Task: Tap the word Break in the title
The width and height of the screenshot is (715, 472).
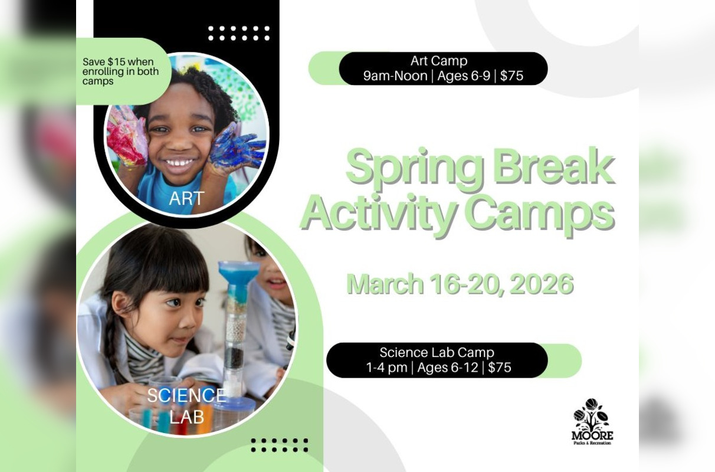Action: [553, 167]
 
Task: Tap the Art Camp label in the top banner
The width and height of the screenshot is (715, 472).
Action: [439, 61]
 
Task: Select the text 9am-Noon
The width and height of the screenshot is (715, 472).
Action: [395, 76]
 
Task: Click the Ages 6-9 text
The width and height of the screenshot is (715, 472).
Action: [464, 76]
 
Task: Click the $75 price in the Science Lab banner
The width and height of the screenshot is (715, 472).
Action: [500, 368]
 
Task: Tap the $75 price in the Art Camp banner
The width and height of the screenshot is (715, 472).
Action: [511, 76]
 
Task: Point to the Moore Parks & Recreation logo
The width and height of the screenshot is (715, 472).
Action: [592, 421]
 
